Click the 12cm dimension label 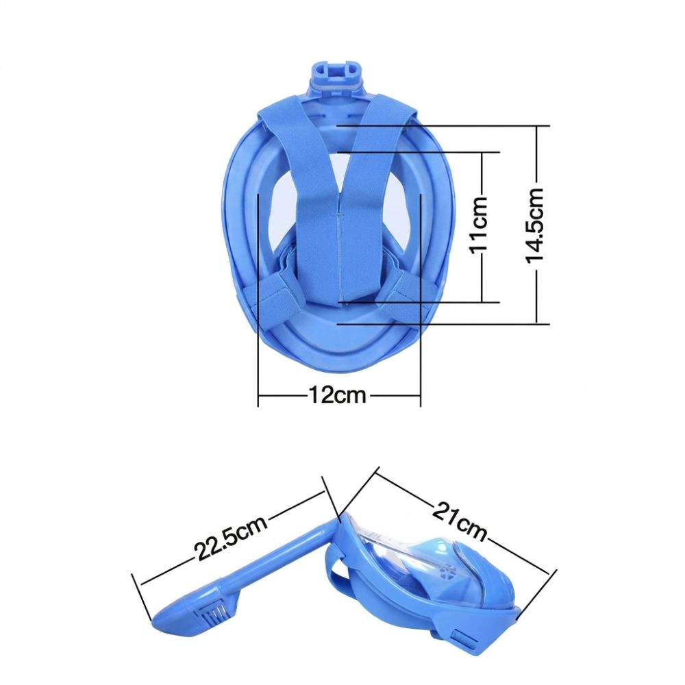tap(337, 395)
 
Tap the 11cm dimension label tap(480, 224)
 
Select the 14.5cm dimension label tap(535, 225)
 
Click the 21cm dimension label tap(460, 523)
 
